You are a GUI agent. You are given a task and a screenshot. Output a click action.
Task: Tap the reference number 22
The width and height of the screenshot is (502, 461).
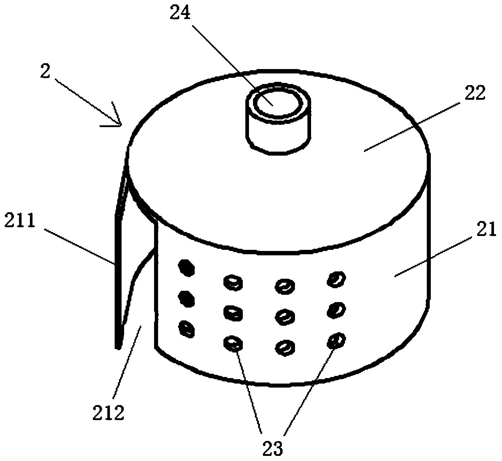[475, 92]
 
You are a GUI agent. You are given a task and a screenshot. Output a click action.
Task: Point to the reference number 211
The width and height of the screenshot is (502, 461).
[19, 220]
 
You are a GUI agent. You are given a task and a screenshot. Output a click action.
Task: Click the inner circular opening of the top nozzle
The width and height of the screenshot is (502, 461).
[278, 103]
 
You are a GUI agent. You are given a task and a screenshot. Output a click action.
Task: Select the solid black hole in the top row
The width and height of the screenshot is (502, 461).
[187, 268]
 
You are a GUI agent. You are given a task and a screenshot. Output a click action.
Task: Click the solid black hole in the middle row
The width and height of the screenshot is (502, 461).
[187, 299]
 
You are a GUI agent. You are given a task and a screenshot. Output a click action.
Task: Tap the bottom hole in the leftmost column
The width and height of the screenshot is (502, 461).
[187, 329]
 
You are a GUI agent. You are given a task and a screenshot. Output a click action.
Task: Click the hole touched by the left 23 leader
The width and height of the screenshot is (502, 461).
[233, 344]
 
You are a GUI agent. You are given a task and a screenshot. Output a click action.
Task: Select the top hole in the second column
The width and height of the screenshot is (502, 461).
[233, 283]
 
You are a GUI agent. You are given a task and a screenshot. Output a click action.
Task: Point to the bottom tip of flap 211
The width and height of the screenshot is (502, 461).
[118, 348]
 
